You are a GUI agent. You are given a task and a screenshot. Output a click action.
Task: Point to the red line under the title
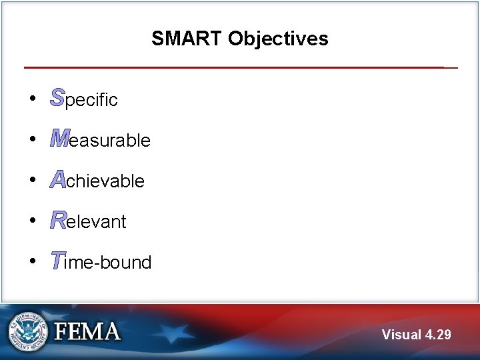click(x=233, y=67)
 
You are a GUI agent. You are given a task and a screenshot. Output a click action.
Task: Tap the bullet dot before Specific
click(x=33, y=99)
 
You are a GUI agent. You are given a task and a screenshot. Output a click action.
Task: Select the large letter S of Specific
click(x=57, y=98)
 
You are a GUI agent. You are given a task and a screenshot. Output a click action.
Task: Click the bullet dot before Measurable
click(x=33, y=139)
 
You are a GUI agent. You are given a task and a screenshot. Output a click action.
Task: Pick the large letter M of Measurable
click(x=59, y=139)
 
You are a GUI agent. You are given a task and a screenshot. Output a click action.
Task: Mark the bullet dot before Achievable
click(x=33, y=180)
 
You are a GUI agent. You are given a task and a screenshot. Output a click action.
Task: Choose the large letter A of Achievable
click(x=58, y=179)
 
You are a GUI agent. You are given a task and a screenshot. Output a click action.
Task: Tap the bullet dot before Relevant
click(x=33, y=221)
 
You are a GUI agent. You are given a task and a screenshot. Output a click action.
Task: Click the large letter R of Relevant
click(x=58, y=220)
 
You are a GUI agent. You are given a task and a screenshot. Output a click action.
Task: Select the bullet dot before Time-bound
click(x=33, y=261)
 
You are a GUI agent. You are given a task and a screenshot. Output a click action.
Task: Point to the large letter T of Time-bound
click(x=57, y=261)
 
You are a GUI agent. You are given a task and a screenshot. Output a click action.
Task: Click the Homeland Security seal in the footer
click(x=27, y=331)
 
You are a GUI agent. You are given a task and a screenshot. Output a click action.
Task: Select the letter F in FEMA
click(x=63, y=331)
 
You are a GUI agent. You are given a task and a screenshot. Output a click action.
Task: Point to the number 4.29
click(x=437, y=335)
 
